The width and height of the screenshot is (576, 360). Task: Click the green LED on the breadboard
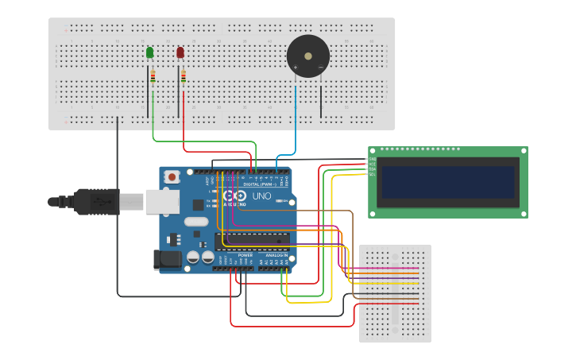[150, 52]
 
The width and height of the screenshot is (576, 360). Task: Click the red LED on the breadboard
[180, 52]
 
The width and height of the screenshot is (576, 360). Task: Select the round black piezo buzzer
[307, 56]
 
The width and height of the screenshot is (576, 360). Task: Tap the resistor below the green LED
[153, 76]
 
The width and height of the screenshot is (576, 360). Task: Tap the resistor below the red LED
[184, 76]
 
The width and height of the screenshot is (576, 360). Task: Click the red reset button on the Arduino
[171, 178]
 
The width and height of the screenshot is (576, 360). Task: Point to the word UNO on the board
[261, 195]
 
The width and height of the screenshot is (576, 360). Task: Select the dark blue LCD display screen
[447, 182]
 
